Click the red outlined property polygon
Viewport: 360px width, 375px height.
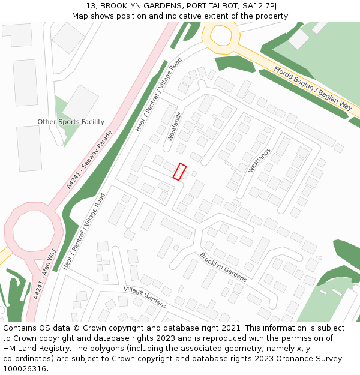click(x=180, y=172)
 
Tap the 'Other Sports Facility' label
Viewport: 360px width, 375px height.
click(x=71, y=122)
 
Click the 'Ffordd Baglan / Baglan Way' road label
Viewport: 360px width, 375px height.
click(x=313, y=88)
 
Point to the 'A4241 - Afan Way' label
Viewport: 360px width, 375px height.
click(x=45, y=274)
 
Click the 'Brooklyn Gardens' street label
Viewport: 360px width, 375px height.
click(x=223, y=267)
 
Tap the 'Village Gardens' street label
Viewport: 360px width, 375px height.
click(x=145, y=297)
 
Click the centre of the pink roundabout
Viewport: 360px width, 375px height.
click(x=33, y=230)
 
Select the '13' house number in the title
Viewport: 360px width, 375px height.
click(x=91, y=6)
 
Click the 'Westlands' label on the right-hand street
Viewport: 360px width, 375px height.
click(x=260, y=160)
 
